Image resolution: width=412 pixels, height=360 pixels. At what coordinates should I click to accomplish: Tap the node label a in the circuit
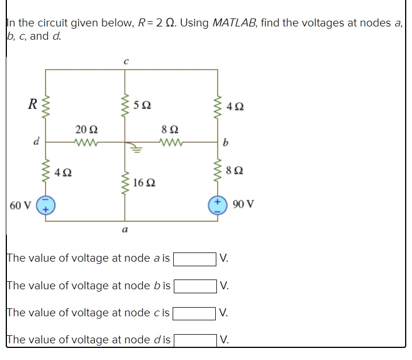click(x=125, y=231)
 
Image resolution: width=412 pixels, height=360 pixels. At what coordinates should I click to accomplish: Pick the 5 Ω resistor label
click(x=142, y=105)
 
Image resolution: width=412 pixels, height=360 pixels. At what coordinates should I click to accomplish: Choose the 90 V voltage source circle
click(x=217, y=205)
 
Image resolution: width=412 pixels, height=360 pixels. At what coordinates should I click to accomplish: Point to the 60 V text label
click(x=21, y=205)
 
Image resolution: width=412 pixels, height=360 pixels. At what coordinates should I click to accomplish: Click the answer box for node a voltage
click(x=196, y=258)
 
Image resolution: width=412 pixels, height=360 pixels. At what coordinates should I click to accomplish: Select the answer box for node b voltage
click(x=196, y=285)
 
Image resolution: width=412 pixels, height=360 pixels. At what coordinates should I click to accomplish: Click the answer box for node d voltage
click(x=196, y=339)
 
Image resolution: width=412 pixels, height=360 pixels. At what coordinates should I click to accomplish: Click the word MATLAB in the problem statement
click(x=232, y=23)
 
